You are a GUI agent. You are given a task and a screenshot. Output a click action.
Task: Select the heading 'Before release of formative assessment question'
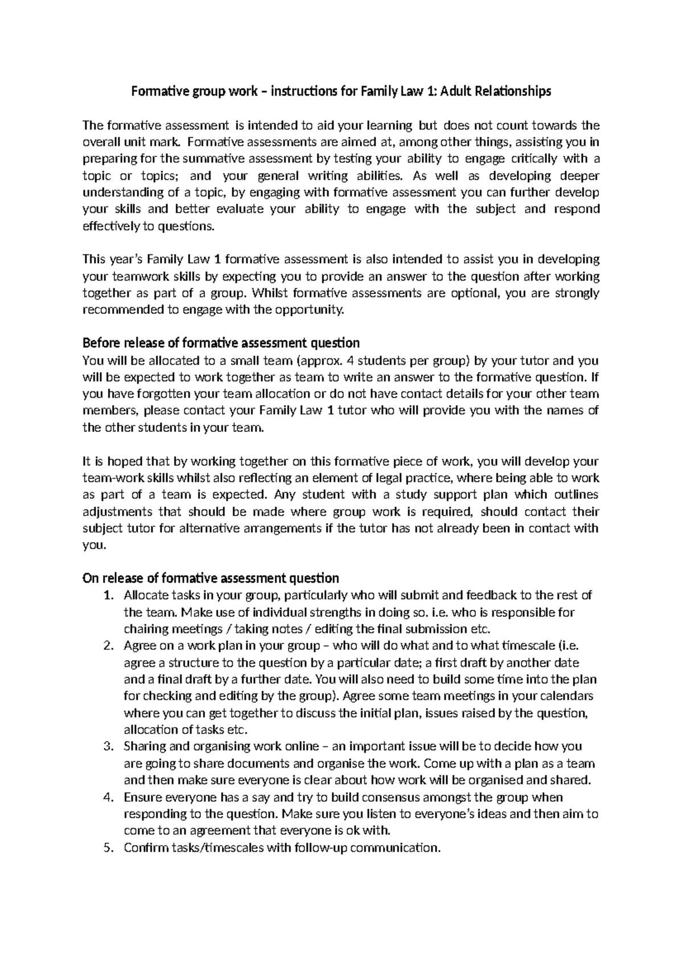221,343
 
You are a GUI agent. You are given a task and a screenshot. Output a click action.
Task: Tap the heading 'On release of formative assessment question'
211,578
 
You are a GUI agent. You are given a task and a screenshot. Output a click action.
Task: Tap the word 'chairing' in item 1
145,629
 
